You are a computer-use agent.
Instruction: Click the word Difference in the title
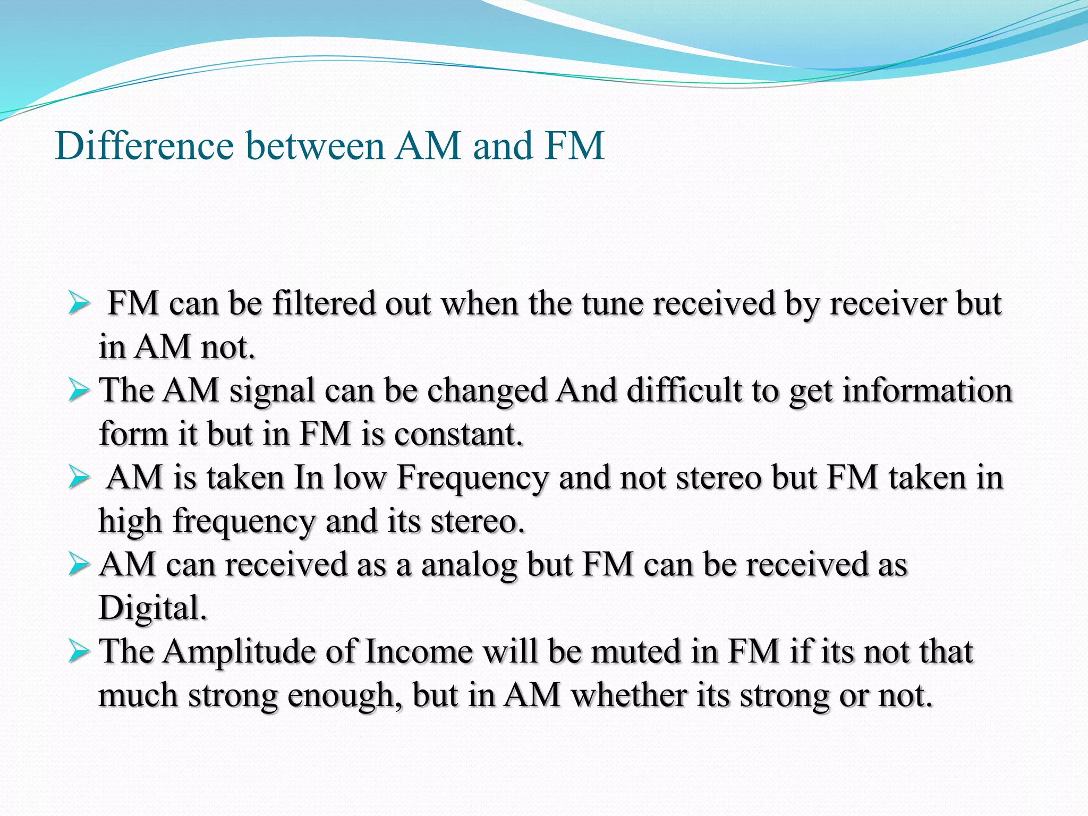(x=144, y=146)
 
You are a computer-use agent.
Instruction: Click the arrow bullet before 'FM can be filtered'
(x=79, y=305)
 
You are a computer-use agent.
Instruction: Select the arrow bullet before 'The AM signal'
(x=79, y=392)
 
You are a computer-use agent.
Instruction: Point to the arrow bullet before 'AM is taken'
(x=79, y=478)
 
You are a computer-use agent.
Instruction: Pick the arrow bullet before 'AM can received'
(x=79, y=565)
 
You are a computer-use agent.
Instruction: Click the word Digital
(x=152, y=608)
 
